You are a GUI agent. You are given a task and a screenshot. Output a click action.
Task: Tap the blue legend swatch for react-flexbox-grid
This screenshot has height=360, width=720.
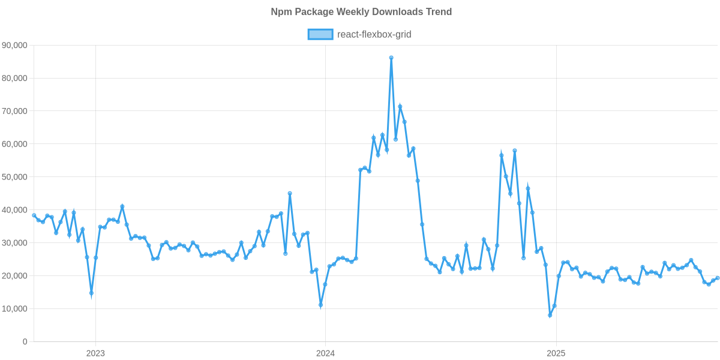point(320,34)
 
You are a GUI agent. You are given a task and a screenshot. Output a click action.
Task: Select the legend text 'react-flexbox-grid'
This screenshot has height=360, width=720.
point(374,34)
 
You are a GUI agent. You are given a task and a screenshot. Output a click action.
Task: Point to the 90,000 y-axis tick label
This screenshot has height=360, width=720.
point(16,45)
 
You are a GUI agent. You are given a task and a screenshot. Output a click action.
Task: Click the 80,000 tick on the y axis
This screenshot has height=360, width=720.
point(16,78)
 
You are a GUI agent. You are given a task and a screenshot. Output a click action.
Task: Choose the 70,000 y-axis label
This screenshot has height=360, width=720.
point(16,111)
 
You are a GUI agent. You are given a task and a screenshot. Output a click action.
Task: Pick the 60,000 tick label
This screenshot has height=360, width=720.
point(16,144)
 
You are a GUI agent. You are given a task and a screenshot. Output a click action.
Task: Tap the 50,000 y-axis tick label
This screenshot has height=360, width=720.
point(16,177)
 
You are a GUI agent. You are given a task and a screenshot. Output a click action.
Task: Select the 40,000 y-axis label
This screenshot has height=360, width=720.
point(16,210)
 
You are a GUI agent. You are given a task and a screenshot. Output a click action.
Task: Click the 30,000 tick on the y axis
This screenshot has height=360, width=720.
point(16,243)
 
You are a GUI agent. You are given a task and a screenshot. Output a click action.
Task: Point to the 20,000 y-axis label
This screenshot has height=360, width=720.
point(16,276)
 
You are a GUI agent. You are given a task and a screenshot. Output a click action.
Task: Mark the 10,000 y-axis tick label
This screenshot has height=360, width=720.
point(16,309)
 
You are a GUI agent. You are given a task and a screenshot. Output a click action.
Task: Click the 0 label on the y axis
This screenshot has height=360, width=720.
point(25,342)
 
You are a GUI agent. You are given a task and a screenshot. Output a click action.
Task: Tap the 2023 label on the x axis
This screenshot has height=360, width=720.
point(95,353)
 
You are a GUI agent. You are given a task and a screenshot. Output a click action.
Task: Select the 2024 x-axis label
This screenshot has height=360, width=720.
point(325,353)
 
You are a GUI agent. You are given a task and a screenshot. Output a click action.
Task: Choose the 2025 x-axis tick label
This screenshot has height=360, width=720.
point(556,353)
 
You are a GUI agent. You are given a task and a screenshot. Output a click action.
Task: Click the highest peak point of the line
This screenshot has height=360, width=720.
point(391,58)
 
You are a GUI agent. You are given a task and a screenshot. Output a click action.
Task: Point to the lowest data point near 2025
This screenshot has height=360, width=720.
point(550,316)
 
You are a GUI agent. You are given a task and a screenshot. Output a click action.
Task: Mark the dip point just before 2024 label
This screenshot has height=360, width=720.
point(320,306)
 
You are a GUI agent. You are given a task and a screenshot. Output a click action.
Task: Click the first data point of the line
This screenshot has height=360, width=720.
point(34,215)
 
